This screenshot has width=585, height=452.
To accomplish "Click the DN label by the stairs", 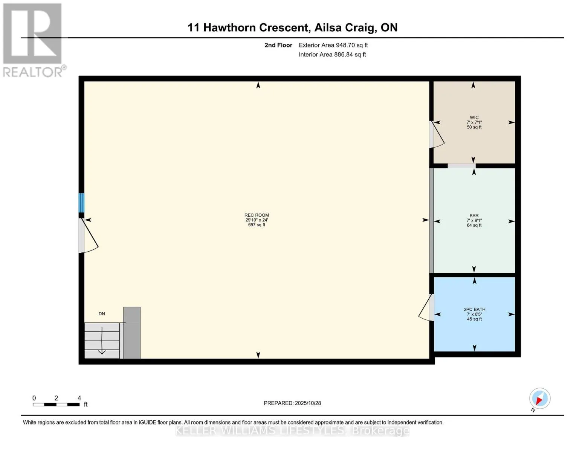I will (102, 314).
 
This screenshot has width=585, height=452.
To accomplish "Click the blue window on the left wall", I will (81, 203).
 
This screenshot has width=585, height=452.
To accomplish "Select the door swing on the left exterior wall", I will (89, 237).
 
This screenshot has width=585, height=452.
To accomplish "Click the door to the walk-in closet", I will (436, 134).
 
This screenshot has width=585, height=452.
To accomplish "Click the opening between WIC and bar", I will (461, 166).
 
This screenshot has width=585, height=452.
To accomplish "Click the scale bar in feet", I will (56, 405).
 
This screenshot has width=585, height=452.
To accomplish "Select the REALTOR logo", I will (33, 40).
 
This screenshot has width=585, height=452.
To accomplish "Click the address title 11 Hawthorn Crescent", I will (292, 27).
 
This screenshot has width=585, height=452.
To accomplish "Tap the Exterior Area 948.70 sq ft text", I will (333, 45).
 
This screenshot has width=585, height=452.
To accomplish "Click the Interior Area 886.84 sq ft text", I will (332, 55).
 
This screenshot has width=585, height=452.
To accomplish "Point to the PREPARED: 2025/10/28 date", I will (292, 403).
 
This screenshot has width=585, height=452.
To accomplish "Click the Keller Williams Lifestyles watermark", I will (292, 431).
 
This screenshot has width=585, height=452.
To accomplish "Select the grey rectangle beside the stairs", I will (132, 333).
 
